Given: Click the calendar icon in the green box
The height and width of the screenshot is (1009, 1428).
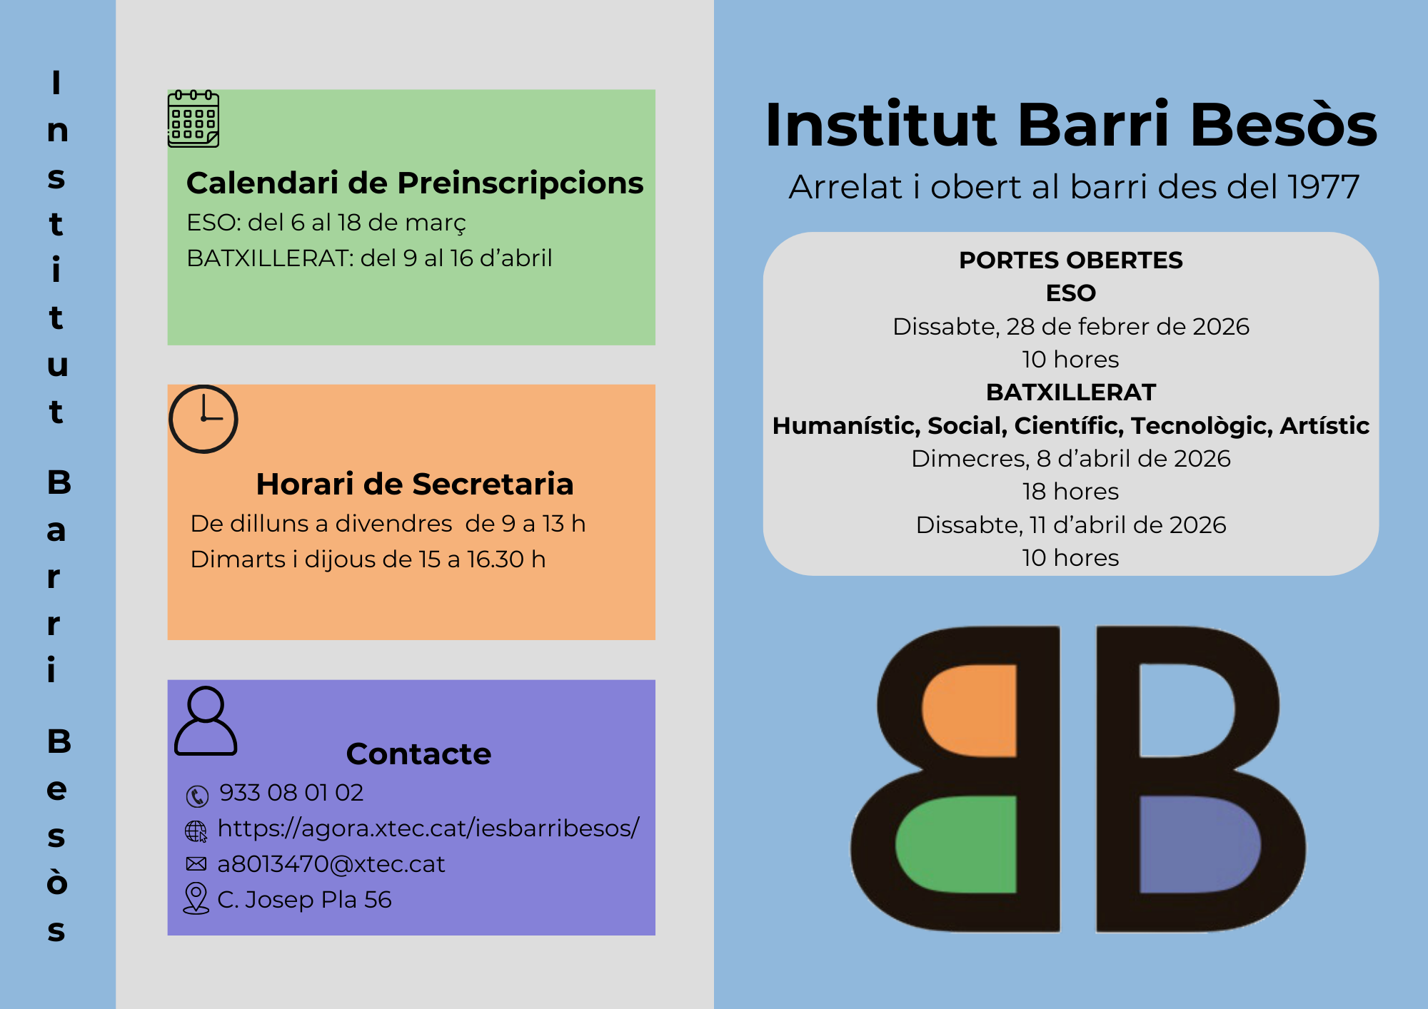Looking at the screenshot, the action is coord(193,118).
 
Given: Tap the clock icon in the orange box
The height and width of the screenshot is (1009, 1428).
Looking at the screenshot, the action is coord(203,419).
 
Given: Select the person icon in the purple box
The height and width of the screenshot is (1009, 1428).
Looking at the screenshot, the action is coord(206,721).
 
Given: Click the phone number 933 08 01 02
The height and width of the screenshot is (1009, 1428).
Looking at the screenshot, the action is coord(291,793).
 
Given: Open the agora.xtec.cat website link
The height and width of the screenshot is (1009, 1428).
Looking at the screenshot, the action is coord(428,828).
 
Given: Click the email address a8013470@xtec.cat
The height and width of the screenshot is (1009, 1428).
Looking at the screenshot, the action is coord(331,864).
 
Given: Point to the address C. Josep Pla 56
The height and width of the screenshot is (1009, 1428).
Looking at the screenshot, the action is coord(305,900).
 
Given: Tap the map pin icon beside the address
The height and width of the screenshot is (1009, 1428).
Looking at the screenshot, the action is coord(196,898).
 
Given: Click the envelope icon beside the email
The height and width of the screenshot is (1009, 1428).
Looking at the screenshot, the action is coord(196,864).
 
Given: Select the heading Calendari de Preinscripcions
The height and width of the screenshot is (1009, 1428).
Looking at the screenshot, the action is coord(415,183).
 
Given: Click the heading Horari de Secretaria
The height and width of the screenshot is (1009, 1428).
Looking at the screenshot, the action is coord(415,484).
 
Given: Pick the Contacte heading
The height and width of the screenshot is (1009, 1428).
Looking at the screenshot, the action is coord(419,754).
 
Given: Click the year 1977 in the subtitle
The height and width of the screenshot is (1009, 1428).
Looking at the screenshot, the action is coord(1324,187).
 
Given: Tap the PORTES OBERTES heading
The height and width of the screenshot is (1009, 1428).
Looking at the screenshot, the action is coord(1071,260).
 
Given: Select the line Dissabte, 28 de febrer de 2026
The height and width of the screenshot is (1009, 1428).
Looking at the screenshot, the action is coord(1071,327).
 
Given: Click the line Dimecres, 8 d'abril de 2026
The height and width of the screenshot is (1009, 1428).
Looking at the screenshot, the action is coord(1071,459).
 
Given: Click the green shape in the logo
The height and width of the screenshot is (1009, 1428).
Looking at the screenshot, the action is coord(957,845).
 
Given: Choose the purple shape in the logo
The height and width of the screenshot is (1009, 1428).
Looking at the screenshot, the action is coord(1200,845).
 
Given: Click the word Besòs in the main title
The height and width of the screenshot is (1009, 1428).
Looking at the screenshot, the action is coord(1284,125).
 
